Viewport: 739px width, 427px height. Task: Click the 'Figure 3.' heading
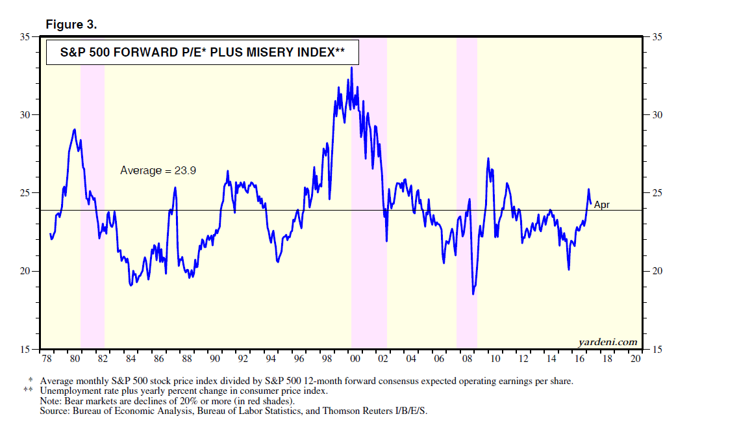[71, 25]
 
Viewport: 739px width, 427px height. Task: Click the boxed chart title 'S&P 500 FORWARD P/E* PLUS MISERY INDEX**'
[194, 53]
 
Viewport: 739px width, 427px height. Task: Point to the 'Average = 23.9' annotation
[158, 170]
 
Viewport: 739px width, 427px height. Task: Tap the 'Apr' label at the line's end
[602, 205]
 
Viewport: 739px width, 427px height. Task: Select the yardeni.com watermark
[607, 342]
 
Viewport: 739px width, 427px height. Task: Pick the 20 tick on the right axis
[657, 271]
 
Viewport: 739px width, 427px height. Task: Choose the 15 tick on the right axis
[657, 349]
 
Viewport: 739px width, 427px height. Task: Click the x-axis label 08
[466, 359]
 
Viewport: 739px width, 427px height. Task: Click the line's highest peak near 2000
[352, 68]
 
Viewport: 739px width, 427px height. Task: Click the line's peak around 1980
[75, 129]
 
